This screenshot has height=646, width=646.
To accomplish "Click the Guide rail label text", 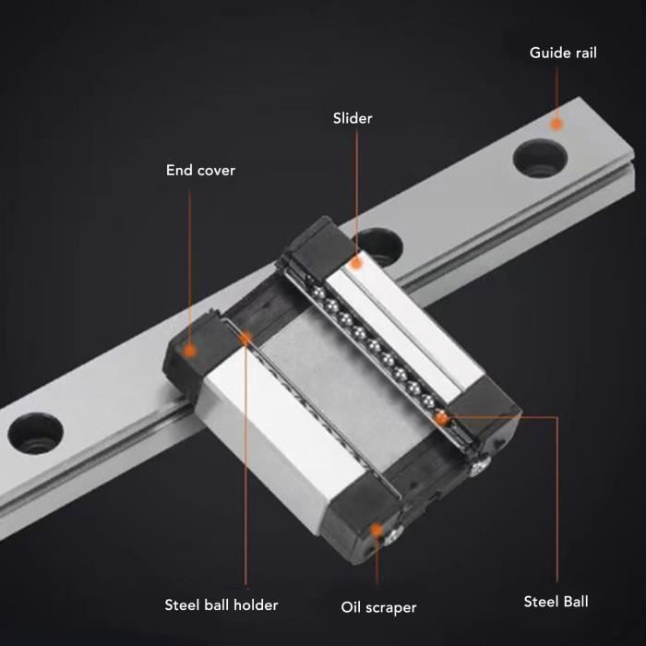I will point(563,53).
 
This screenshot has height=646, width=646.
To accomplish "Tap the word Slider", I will point(353,118).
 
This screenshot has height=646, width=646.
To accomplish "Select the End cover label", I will point(200,170).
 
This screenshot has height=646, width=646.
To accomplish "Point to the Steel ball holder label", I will point(221,605).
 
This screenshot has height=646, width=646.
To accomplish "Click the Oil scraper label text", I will point(378,607).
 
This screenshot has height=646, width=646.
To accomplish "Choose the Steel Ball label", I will point(556,602).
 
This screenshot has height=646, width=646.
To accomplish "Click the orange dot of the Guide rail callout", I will point(556,122).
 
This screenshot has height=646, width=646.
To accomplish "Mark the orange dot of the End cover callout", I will point(189,351).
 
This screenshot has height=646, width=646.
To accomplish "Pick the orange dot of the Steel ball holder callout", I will point(245,339).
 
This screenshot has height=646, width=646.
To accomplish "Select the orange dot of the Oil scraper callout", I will point(377,529).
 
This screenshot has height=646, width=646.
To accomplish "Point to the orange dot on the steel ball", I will point(443,418).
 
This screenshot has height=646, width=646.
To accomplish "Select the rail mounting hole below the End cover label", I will point(35,432).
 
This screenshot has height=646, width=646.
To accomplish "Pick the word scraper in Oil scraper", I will point(391,607).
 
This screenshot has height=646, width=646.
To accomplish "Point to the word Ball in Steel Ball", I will point(575,602).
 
